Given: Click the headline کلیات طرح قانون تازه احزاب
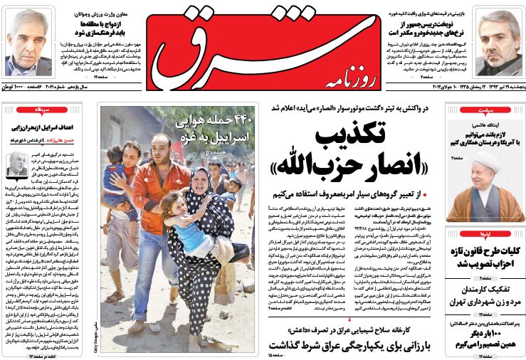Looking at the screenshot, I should point(483,258).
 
